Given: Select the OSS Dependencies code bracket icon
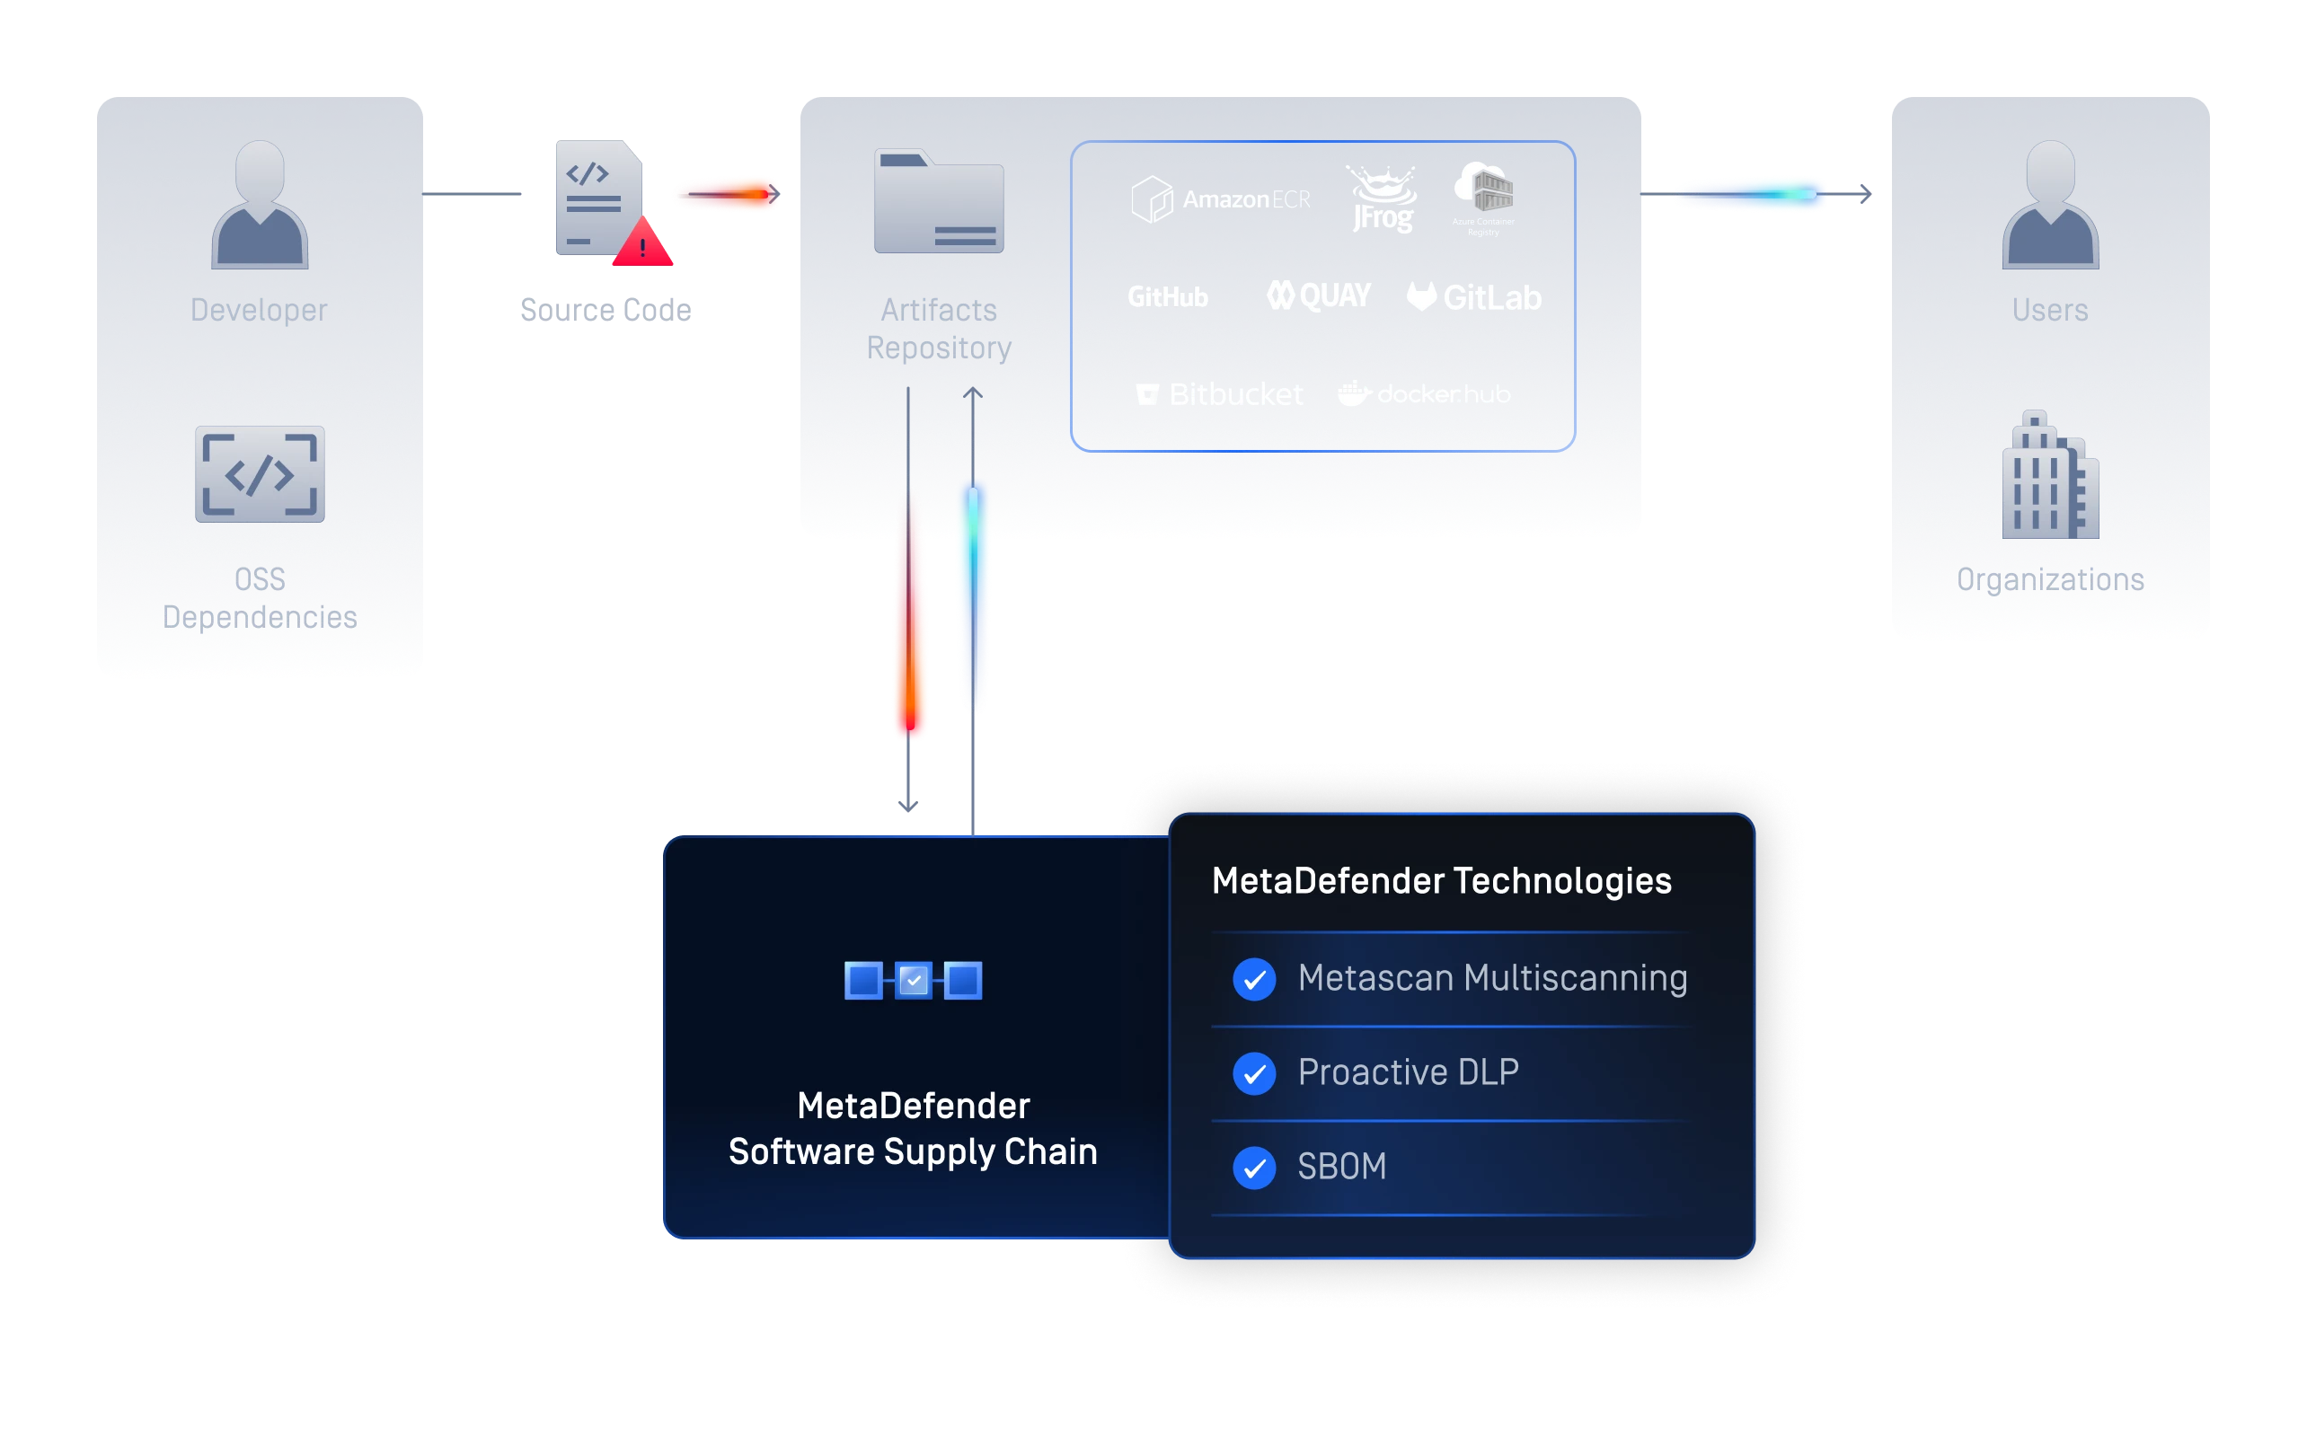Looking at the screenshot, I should click(260, 474).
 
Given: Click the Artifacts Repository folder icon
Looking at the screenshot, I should click(939, 201).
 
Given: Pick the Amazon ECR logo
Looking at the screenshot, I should click(1221, 199).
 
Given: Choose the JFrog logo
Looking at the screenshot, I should click(1383, 199).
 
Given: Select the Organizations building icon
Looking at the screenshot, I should click(2050, 475).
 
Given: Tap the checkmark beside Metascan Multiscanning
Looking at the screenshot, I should click(1254, 979).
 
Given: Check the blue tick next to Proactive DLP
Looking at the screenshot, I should click(1254, 1072).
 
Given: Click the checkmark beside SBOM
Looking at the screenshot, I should click(1254, 1168).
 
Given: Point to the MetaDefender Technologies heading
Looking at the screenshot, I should click(1441, 880).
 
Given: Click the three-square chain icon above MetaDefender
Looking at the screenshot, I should click(913, 980).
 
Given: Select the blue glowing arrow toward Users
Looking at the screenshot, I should click(1754, 193).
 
